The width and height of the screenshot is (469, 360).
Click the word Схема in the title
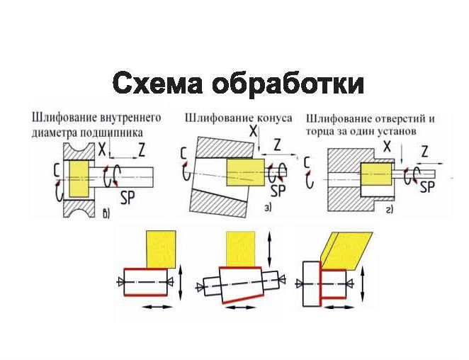[x=157, y=84]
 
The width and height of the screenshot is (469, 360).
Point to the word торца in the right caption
[x=320, y=131]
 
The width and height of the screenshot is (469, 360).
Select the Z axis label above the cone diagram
[x=277, y=144]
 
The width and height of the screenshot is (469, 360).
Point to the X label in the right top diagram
[x=388, y=146]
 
